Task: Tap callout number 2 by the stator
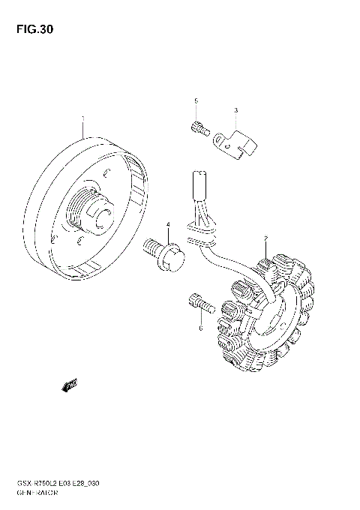click(x=265, y=240)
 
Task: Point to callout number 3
click(x=235, y=111)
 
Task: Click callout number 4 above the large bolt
click(x=168, y=224)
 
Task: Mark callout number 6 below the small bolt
click(x=201, y=328)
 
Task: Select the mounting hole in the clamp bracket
click(x=220, y=139)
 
